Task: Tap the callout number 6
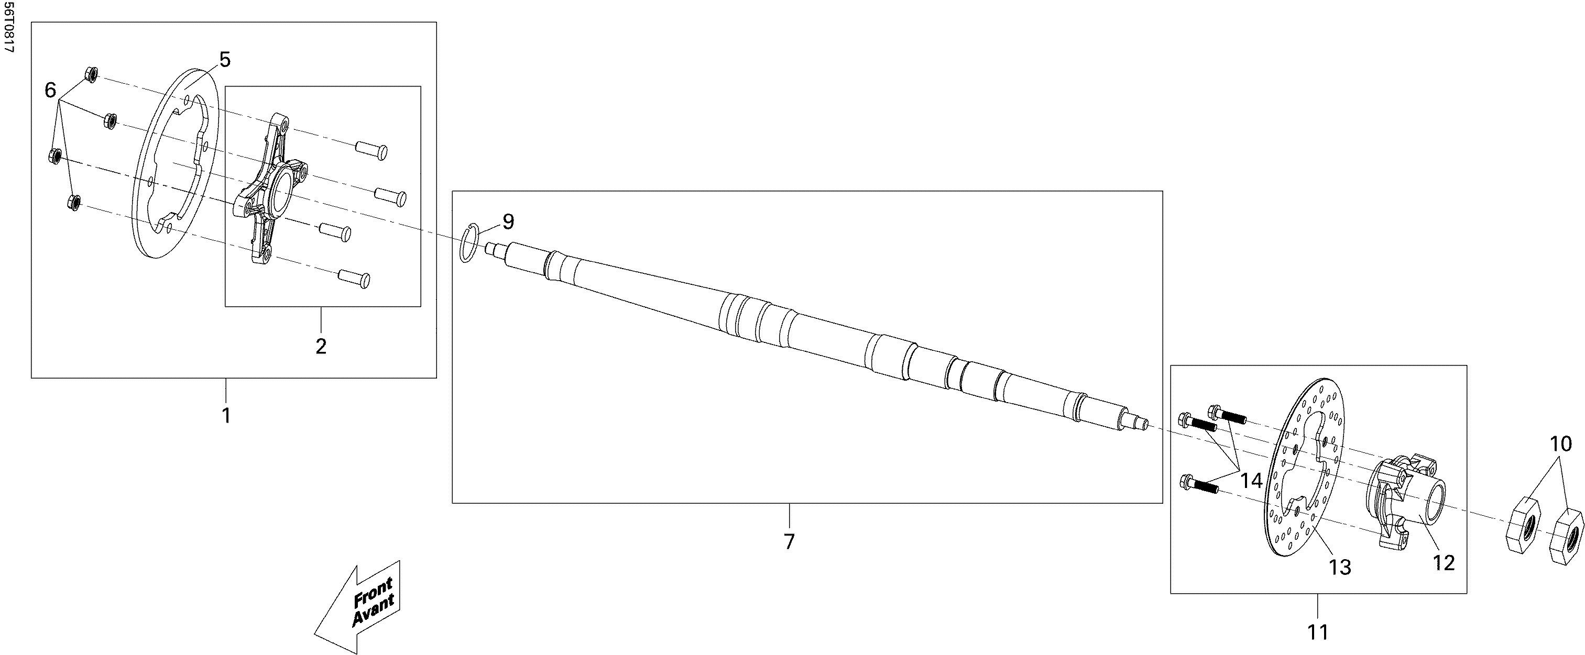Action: [50, 91]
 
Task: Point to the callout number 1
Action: [226, 416]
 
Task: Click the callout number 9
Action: [508, 221]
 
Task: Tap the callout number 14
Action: [1251, 480]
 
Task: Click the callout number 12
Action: [1444, 562]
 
